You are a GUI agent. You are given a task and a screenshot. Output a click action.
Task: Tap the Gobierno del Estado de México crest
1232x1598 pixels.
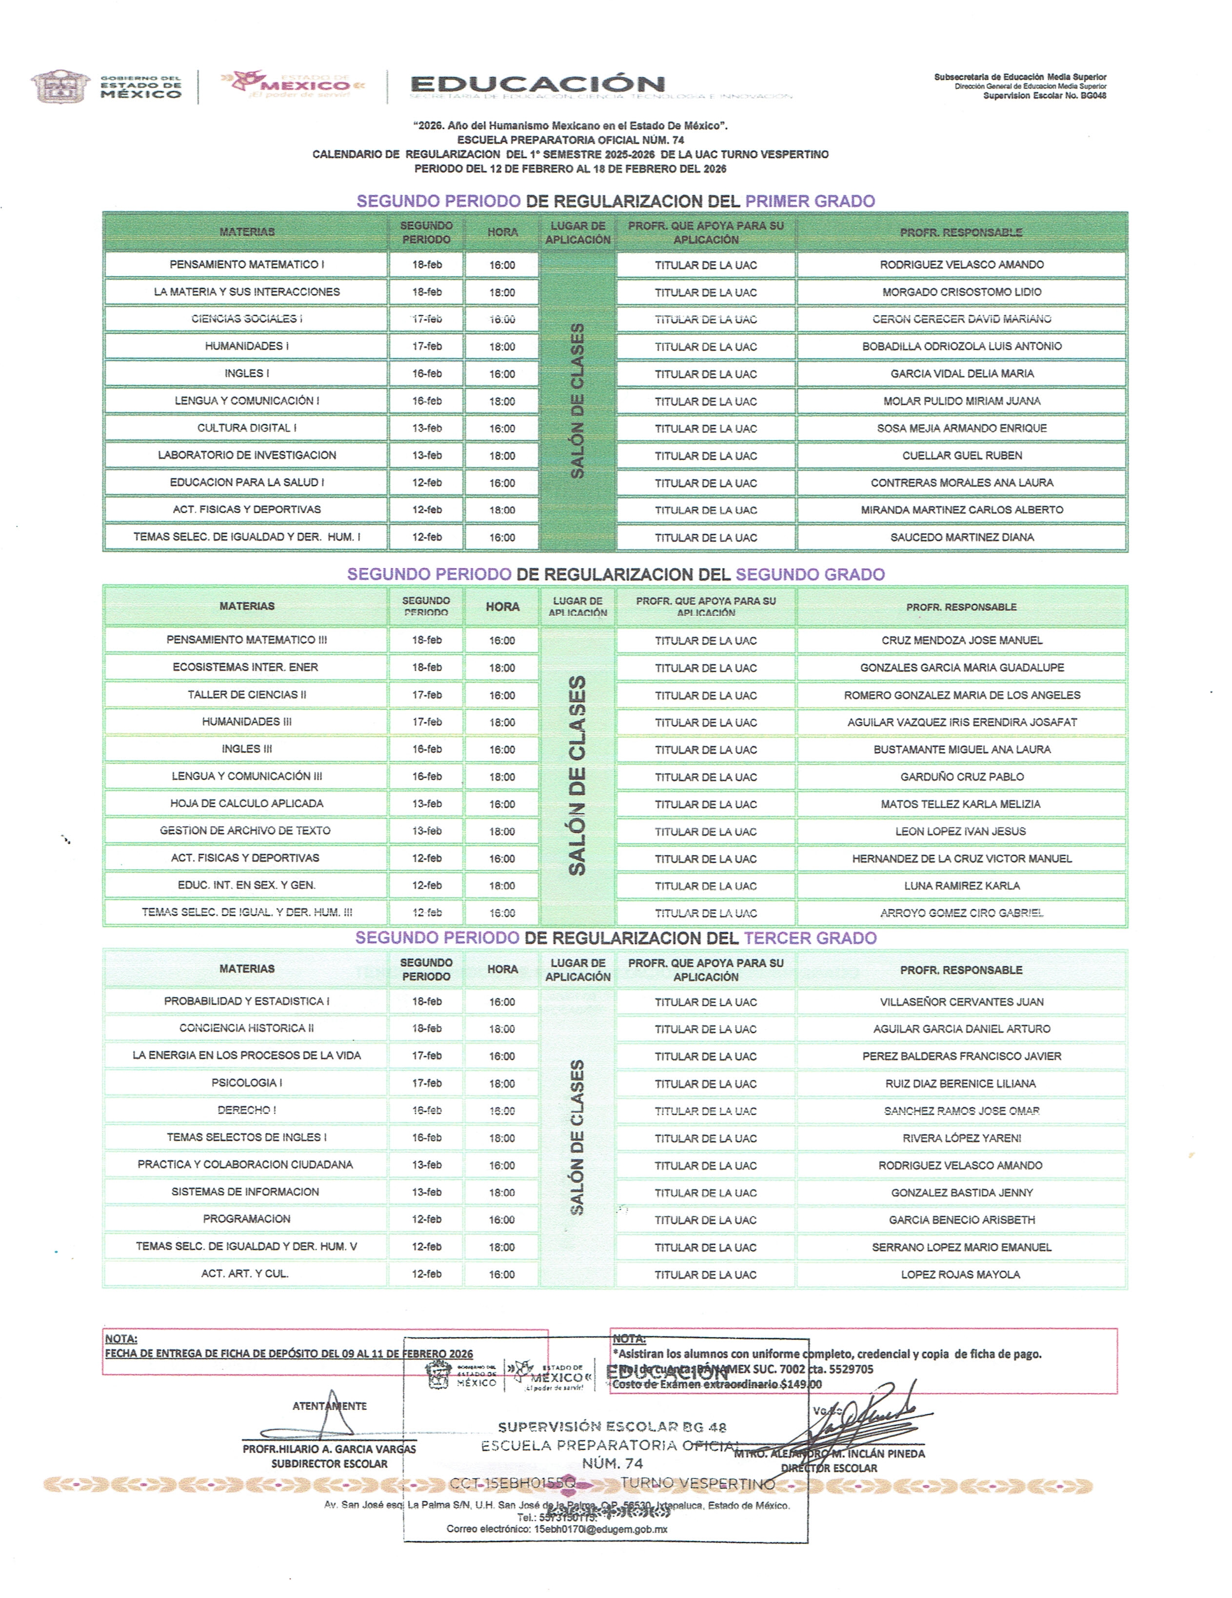[x=60, y=86]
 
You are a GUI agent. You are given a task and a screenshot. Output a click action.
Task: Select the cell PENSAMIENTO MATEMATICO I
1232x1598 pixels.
[x=247, y=264]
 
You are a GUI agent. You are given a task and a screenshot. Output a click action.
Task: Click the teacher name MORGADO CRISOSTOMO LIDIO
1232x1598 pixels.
[x=961, y=292]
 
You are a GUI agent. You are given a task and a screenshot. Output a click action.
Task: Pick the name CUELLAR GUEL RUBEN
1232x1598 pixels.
[x=961, y=455]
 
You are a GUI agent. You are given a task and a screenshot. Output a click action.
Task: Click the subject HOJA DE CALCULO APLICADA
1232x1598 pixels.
[x=247, y=803]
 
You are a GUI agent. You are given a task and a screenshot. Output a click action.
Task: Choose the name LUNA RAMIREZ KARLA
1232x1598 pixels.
[x=961, y=885]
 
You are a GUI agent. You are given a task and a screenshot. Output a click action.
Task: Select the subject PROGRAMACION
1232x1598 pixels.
[x=247, y=1219]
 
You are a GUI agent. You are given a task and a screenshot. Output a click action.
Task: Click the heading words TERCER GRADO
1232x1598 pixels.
[x=810, y=938]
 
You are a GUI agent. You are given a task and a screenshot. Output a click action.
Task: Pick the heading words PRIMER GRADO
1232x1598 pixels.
[x=810, y=201]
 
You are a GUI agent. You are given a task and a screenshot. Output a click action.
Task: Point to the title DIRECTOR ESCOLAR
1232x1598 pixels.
[x=829, y=1468]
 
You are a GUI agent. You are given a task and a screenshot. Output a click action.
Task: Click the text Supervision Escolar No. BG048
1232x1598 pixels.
[x=1044, y=96]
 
